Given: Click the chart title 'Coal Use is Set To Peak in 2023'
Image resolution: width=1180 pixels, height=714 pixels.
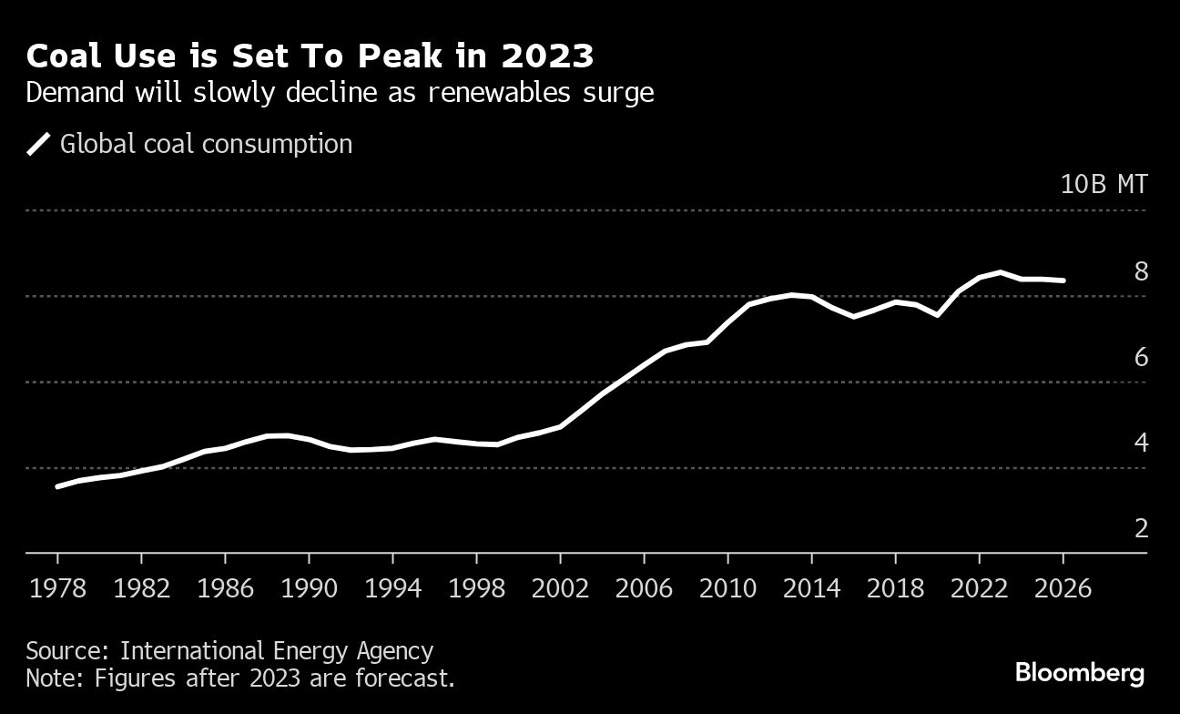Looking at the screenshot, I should (x=310, y=56).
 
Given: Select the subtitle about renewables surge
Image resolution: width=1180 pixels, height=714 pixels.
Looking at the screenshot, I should (x=340, y=93).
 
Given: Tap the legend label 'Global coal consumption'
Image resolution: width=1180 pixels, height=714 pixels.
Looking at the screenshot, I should (x=206, y=144).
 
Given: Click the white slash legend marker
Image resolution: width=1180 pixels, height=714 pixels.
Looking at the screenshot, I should (x=39, y=144).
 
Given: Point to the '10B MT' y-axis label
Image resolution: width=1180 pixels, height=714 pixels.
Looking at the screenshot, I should (x=1104, y=184).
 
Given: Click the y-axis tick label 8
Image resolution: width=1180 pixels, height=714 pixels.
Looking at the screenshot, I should (x=1141, y=271).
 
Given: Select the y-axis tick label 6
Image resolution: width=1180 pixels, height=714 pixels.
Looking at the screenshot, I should (x=1141, y=357).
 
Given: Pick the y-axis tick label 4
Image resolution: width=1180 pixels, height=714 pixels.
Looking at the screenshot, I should (x=1141, y=443).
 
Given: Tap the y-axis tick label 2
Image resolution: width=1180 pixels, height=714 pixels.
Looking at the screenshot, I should (x=1141, y=528).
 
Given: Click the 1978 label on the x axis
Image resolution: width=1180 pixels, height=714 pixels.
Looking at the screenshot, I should (x=57, y=587).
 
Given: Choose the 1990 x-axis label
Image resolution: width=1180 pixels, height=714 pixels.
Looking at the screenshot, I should (x=309, y=587).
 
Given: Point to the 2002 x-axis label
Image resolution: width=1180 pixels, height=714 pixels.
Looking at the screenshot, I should (x=560, y=587).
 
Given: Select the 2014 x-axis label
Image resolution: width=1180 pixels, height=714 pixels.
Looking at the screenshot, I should (x=811, y=587).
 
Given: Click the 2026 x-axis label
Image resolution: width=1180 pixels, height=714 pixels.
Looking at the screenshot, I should (x=1063, y=587).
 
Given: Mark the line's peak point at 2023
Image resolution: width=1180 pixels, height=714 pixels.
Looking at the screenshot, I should (x=1001, y=272).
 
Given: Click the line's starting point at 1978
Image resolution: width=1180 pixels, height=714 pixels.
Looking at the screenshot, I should (x=57, y=486).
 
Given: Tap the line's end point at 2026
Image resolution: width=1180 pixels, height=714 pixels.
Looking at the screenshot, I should (x=1063, y=280).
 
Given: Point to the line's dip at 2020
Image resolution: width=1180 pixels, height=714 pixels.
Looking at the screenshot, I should (x=937, y=315).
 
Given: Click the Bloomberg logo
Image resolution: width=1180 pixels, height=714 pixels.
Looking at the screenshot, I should (x=1080, y=674).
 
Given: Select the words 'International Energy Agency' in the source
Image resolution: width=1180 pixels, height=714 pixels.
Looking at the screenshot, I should (x=277, y=651).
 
